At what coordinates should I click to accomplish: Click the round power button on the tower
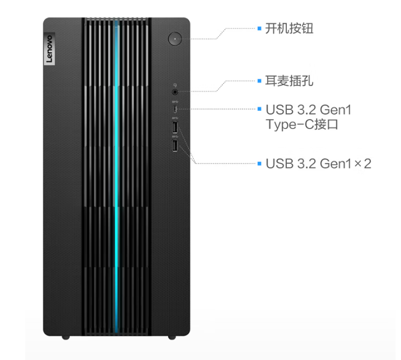pyautogui.click(x=175, y=39)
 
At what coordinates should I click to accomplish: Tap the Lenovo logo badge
pyautogui.click(x=49, y=49)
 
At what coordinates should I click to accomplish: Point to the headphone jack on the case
pyautogui.click(x=175, y=92)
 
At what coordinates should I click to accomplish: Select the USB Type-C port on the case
pyautogui.click(x=175, y=109)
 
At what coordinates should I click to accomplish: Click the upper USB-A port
pyautogui.click(x=175, y=127)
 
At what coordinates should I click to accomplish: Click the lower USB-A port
pyautogui.click(x=175, y=145)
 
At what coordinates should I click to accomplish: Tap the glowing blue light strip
pyautogui.click(x=117, y=177)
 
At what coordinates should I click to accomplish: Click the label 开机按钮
pyautogui.click(x=289, y=29)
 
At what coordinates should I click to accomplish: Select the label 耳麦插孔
pyautogui.click(x=289, y=81)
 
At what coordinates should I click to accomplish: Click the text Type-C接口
pyautogui.click(x=302, y=125)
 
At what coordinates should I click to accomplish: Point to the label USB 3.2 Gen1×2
pyautogui.click(x=318, y=164)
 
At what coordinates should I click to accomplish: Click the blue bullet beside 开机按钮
pyautogui.click(x=259, y=29)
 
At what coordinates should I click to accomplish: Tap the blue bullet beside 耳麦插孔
pyautogui.click(x=259, y=81)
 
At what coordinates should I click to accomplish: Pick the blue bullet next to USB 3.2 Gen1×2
pyautogui.click(x=259, y=164)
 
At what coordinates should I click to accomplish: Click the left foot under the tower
pyautogui.click(x=66, y=337)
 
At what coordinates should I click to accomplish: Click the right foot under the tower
pyautogui.click(x=172, y=337)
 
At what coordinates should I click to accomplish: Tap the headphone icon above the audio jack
pyautogui.click(x=175, y=85)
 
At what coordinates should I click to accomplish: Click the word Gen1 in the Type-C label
pyautogui.click(x=335, y=110)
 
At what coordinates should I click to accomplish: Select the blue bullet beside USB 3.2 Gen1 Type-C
pyautogui.click(x=259, y=109)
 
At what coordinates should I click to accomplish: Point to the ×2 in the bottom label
pyautogui.click(x=363, y=164)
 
